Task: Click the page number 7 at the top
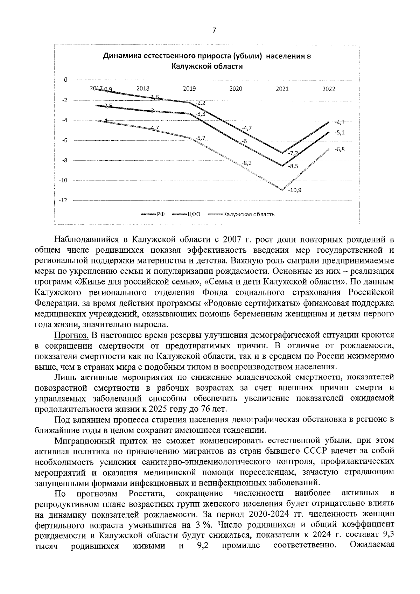214,30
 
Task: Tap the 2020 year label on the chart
236,89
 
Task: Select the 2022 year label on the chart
329,89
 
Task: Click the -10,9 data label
295,190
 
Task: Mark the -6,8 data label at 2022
339,149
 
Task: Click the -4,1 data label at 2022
339,123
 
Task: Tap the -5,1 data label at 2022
339,133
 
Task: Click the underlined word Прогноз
71,335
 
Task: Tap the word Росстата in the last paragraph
145,493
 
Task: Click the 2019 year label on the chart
189,89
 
